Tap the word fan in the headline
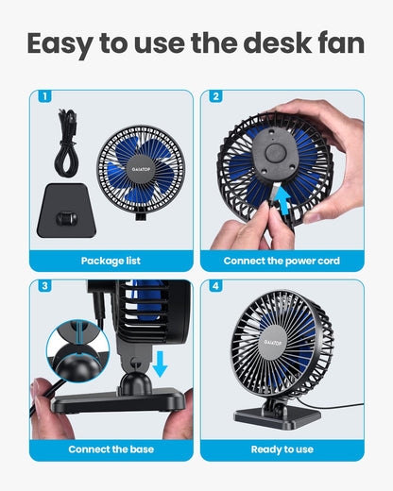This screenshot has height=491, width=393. click(336, 43)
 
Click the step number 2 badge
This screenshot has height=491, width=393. click(215, 96)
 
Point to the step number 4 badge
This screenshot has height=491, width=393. click(215, 286)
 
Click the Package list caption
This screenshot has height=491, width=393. click(111, 260)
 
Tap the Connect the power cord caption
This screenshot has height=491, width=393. click(282, 260)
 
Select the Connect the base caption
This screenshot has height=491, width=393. click(111, 449)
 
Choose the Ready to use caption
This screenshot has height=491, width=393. click(282, 449)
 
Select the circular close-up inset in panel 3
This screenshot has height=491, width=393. click(77, 350)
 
